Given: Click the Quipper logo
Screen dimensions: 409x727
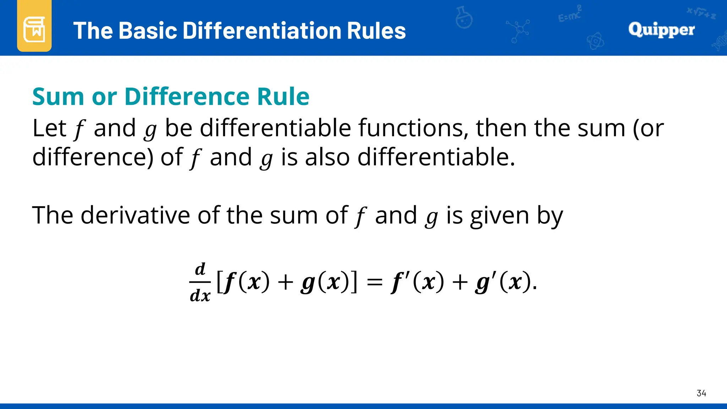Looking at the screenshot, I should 661,29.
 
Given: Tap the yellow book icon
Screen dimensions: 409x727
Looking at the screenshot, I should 34,28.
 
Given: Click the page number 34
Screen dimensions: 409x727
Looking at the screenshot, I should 701,393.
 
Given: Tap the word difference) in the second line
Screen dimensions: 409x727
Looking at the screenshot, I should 93,157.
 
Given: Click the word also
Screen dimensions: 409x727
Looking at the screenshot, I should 327,157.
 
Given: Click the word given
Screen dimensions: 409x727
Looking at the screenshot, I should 499,216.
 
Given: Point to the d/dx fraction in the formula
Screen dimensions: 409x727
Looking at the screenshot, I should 200,283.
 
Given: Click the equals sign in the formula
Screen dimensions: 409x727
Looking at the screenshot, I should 375,283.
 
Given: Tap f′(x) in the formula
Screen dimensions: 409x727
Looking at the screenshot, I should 417,283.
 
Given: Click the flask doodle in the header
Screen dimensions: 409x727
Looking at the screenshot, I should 464,17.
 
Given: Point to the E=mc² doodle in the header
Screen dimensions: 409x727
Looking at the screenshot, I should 569,14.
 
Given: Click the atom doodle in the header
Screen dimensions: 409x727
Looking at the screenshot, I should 595,42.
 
